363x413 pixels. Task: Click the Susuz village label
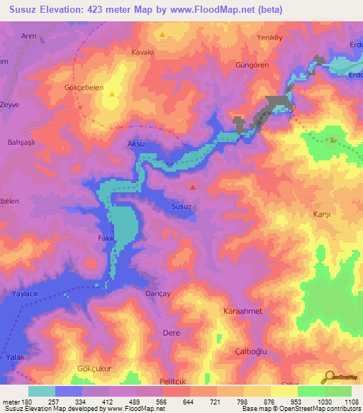pos(181,206)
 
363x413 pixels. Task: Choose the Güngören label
pos(252,65)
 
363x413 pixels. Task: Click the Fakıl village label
pos(106,238)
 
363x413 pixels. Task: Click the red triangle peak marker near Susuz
pos(193,187)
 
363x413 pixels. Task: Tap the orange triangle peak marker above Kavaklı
pos(162,34)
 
